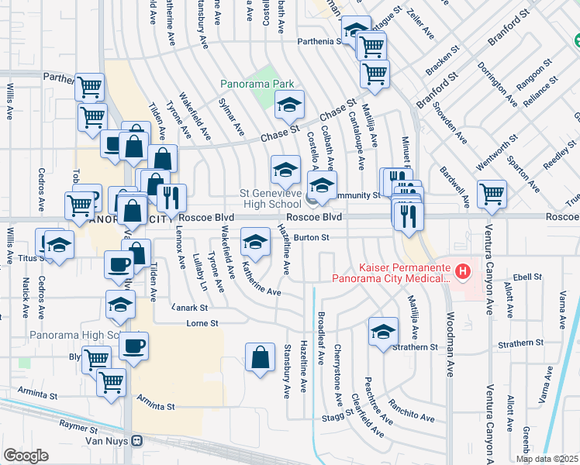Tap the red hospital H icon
[463, 270]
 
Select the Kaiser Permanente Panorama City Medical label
[391, 272]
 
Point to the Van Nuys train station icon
[137, 441]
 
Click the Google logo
[26, 456]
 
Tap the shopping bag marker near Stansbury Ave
[261, 357]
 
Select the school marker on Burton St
[254, 242]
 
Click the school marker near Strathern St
[382, 332]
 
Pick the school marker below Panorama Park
[289, 104]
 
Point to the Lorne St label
[202, 322]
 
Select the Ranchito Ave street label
[412, 409]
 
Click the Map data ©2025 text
[547, 459]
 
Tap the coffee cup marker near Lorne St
[135, 344]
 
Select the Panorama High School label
[74, 336]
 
